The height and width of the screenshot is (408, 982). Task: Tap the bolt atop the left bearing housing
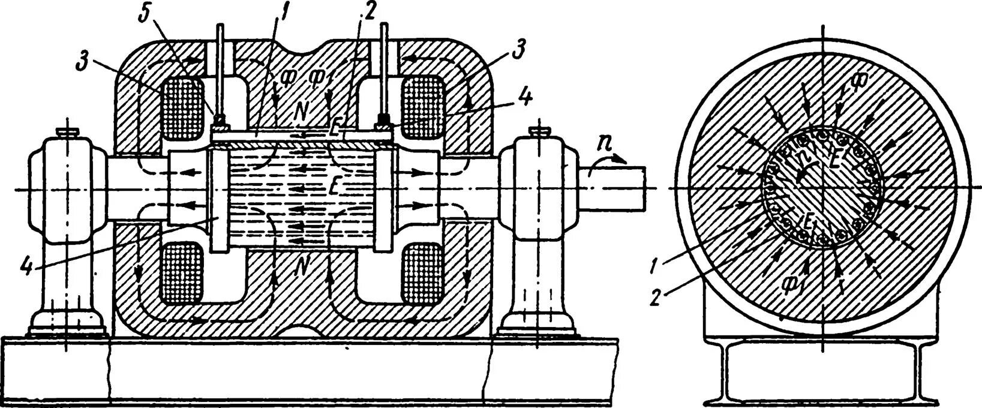(x=65, y=131)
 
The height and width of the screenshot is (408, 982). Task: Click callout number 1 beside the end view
(x=657, y=262)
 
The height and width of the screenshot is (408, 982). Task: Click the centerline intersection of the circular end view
(x=824, y=187)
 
